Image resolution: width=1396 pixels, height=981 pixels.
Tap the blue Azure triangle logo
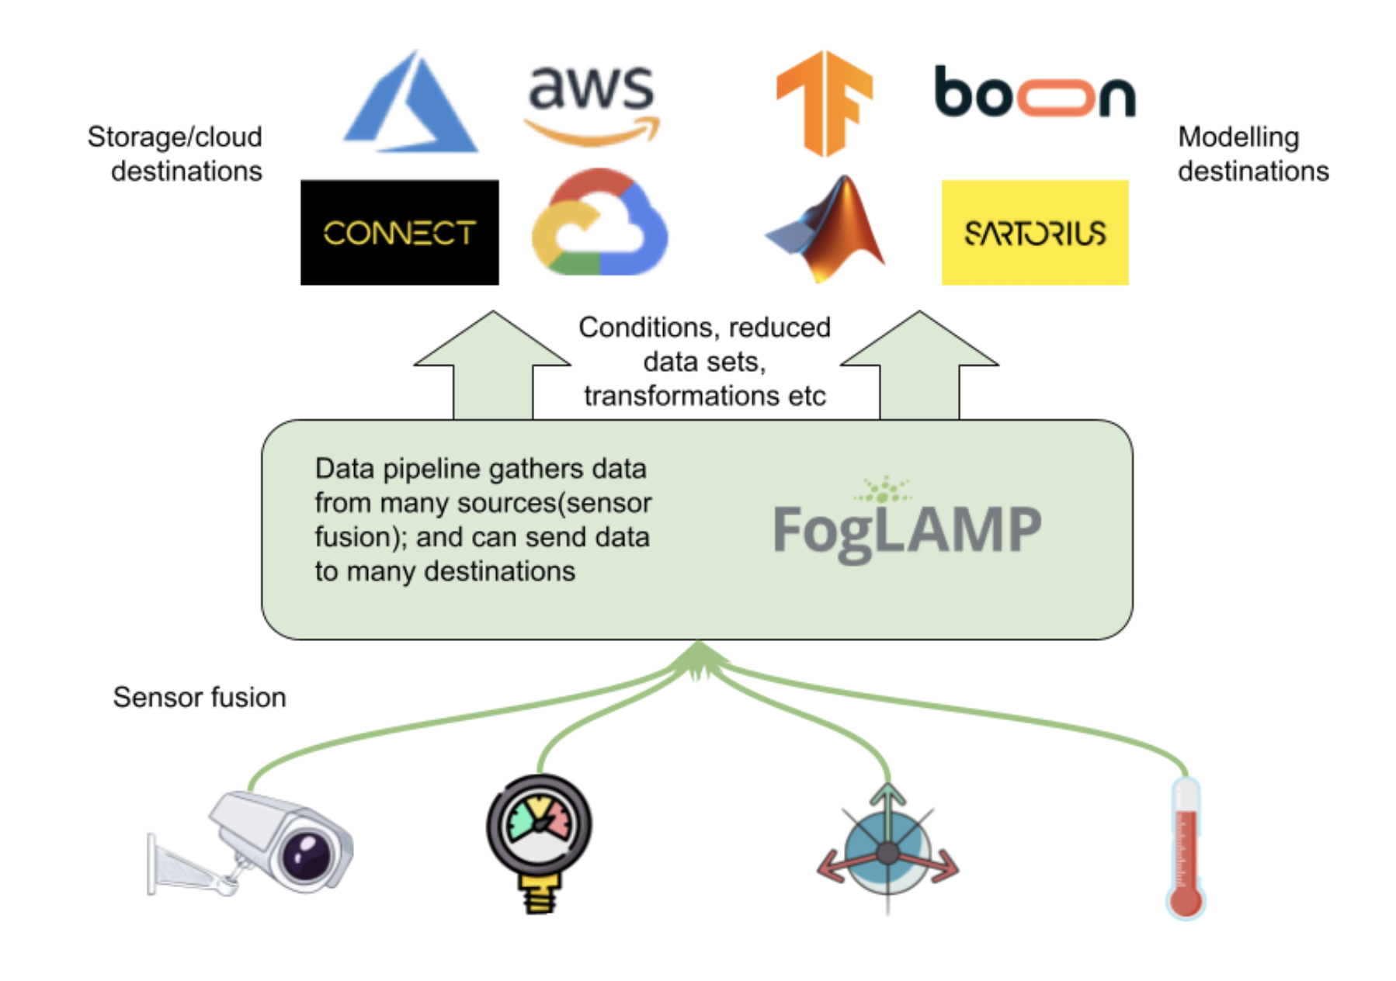pyautogui.click(x=412, y=105)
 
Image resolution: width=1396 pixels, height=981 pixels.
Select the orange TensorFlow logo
pyautogui.click(x=825, y=103)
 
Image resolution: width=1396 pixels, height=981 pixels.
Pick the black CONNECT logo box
pyautogui.click(x=399, y=233)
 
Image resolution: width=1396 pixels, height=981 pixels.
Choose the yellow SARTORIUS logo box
pyautogui.click(x=1034, y=233)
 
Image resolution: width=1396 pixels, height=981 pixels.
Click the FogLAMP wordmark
pyautogui.click(x=907, y=529)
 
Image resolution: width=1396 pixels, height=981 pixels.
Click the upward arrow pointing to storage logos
pyautogui.click(x=492, y=365)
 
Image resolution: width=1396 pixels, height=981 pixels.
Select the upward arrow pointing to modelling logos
pyautogui.click(x=919, y=365)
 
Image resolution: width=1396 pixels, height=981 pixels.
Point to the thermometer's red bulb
pyautogui.click(x=1185, y=901)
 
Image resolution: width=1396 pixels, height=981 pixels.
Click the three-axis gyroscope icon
pyautogui.click(x=887, y=852)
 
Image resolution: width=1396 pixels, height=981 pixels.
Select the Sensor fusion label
pyautogui.click(x=200, y=697)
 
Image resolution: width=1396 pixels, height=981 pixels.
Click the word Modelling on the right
pyautogui.click(x=1238, y=137)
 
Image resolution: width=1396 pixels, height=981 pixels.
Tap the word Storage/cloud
pyautogui.click(x=175, y=137)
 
